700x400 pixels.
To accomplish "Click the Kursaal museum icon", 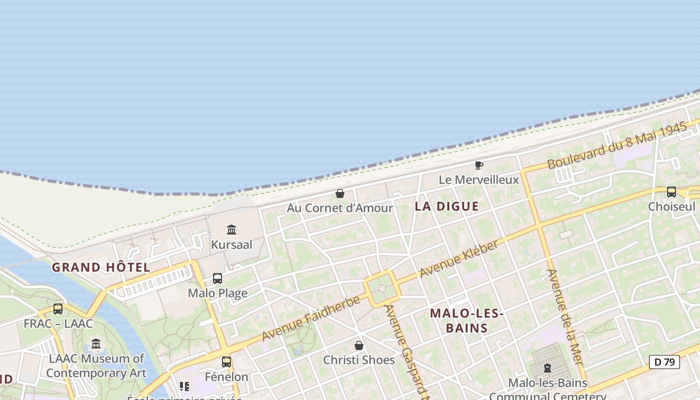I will pos(231,230).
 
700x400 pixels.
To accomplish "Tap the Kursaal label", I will pos(231,245).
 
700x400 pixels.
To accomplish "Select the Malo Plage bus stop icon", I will pos(217,278).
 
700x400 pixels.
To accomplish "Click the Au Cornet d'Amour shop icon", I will pos(340,193).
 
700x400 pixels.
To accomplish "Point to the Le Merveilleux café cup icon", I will pos(478,165).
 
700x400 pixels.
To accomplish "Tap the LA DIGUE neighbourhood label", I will pos(446,206).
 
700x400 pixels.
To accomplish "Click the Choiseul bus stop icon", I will pos(671,192).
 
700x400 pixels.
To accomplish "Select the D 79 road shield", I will pos(664,362).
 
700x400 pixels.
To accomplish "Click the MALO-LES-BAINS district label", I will pos(466,320).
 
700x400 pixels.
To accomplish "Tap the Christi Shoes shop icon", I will pos(359,345).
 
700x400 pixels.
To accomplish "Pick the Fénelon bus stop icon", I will pos(226,361).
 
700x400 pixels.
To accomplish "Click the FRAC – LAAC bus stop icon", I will pos(58,309).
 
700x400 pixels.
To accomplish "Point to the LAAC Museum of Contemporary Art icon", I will pos(96,344).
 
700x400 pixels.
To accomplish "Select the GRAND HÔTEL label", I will pos(101,267).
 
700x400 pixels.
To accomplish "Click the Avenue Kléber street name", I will pos(459,259).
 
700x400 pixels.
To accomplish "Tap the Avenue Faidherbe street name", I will pos(311,318).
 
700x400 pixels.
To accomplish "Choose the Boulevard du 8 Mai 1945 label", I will pos(617,146).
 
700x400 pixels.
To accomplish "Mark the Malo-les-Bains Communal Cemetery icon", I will pos(547,368).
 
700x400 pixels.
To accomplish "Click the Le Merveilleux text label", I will pos(478,179).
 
